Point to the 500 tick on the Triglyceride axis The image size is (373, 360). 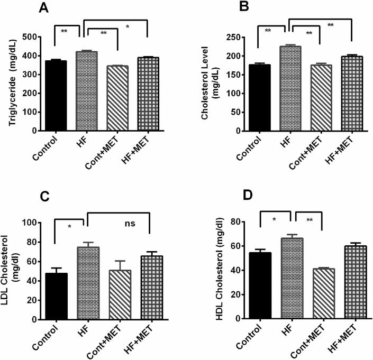tap(39, 37)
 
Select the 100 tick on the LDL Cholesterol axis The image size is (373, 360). tap(38, 222)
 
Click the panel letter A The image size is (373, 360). tap(43, 8)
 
